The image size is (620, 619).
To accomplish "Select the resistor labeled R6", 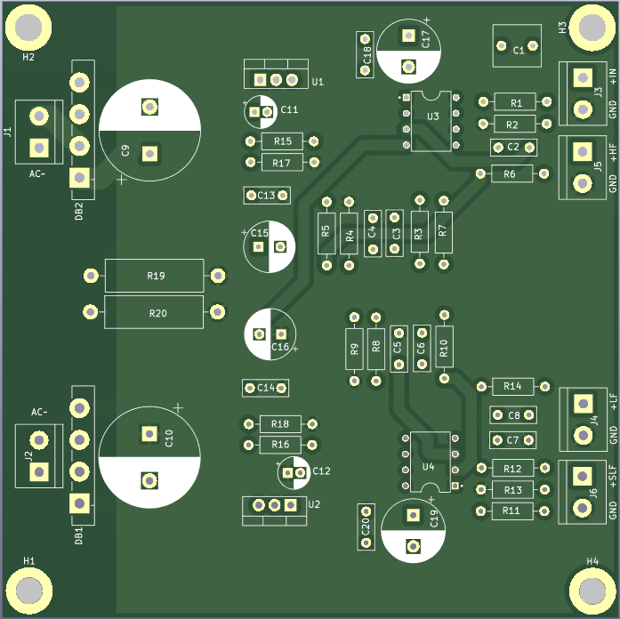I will click(511, 173).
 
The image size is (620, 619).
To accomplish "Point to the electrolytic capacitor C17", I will click(408, 51).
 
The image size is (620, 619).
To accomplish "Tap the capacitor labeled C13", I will click(266, 195).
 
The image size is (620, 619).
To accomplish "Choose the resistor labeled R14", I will click(512, 386).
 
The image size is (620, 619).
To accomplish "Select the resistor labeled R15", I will click(281, 141).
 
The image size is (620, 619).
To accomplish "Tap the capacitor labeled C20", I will click(365, 527).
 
